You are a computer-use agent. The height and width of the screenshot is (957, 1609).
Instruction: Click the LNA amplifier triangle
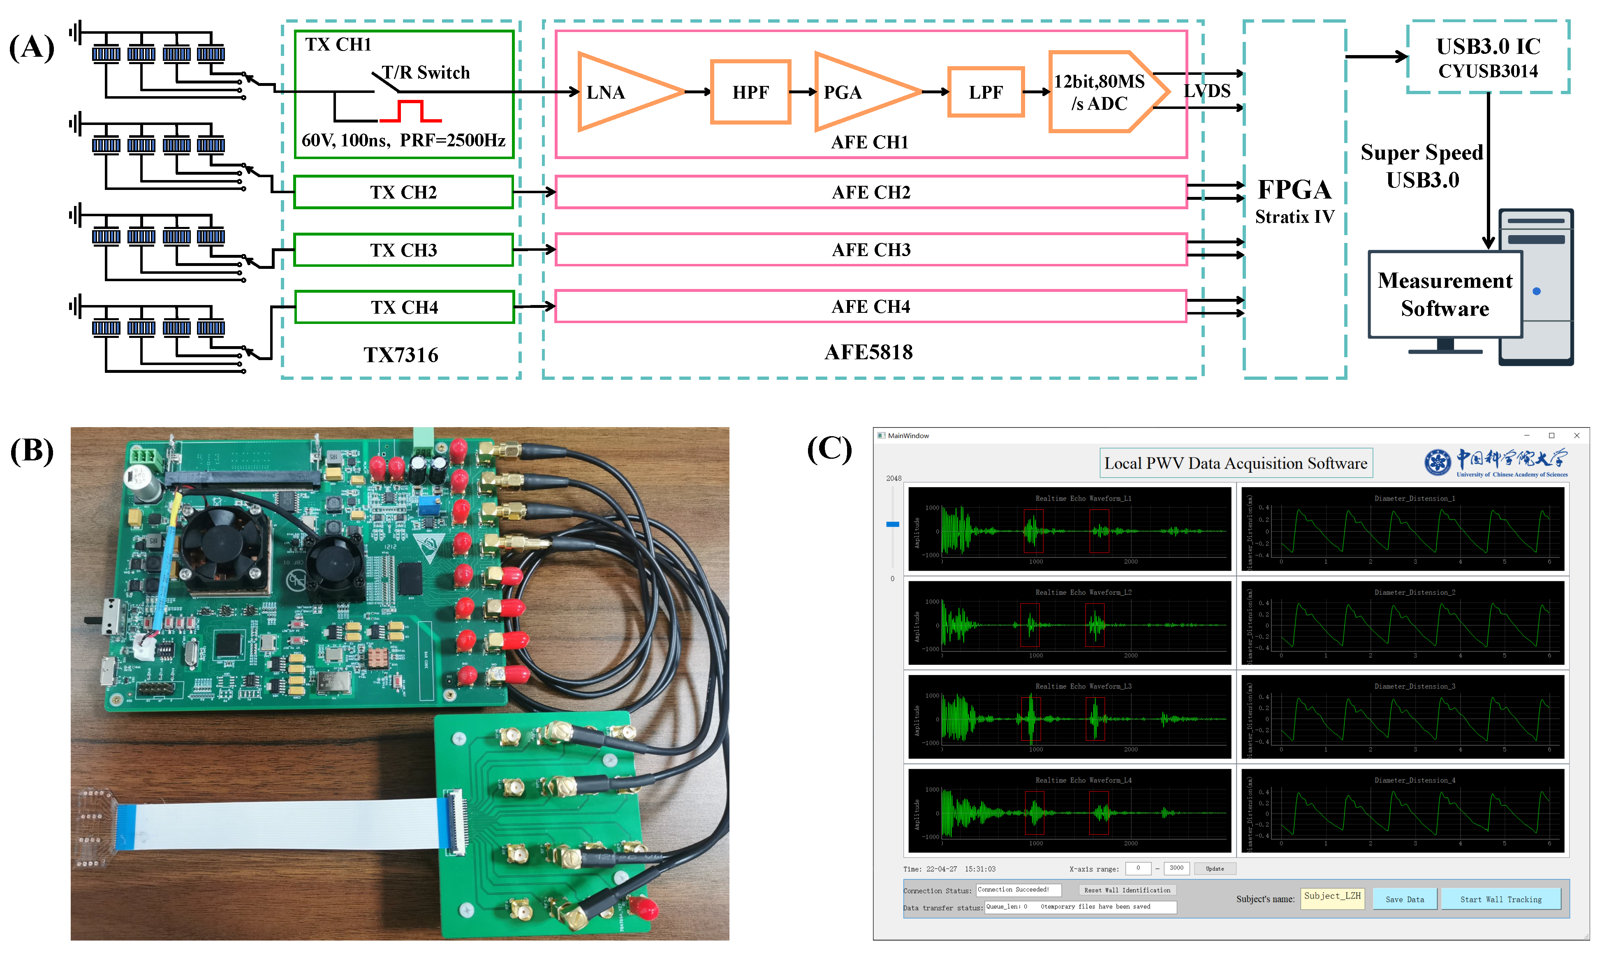(619, 92)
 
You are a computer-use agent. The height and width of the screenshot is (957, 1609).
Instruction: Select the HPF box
(750, 92)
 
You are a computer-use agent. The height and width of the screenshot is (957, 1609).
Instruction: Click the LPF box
(985, 92)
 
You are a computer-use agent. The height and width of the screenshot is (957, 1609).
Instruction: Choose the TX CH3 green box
(403, 250)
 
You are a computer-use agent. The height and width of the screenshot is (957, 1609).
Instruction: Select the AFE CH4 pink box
(870, 306)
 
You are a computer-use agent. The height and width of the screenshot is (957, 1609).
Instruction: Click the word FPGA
(1294, 190)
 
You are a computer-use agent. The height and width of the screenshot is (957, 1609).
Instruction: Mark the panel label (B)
(32, 450)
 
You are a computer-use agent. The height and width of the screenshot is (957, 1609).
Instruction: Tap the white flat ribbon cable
(277, 825)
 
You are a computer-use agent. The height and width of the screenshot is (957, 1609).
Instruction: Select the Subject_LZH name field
(1332, 897)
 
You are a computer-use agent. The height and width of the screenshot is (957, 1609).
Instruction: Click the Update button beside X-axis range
(1214, 869)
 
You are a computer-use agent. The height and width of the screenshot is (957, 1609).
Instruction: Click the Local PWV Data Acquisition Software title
(1235, 463)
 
